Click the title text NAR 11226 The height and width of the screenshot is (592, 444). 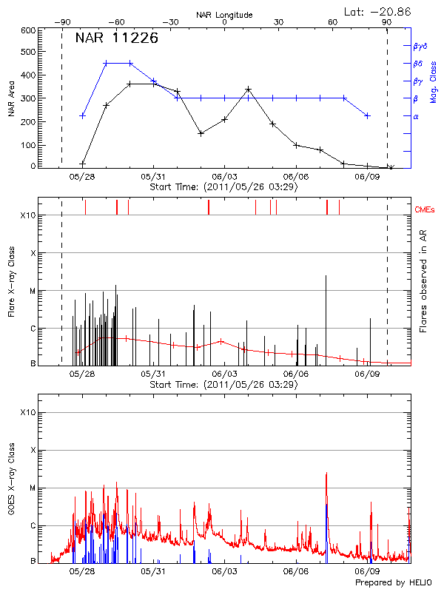pos(117,39)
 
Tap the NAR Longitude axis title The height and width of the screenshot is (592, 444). pos(224,15)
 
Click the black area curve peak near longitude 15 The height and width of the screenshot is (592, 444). pos(248,90)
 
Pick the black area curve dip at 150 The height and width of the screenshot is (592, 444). pos(201,133)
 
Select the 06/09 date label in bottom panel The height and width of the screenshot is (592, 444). pos(367,571)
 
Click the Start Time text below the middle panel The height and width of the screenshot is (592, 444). pos(223,385)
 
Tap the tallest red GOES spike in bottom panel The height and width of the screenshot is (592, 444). pos(326,474)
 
